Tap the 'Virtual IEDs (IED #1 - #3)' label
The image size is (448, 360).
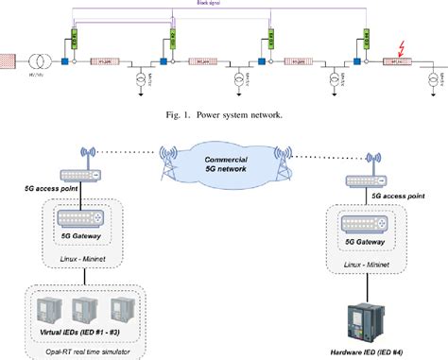tap(76, 332)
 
